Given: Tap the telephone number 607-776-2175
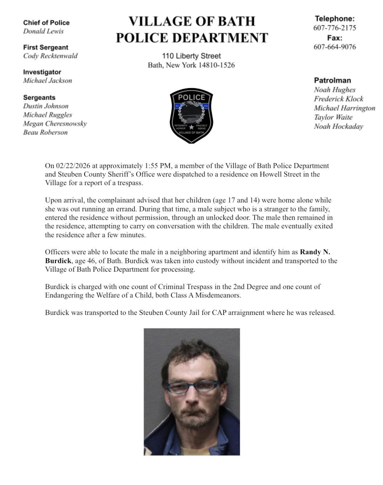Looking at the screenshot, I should [x=334, y=28].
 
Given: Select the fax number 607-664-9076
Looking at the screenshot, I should [x=334, y=47].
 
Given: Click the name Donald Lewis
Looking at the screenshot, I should [x=43, y=31].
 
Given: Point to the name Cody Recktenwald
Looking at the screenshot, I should [x=50, y=56].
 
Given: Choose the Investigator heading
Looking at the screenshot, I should [x=42, y=72].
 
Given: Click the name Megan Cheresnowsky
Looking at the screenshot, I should [x=55, y=124].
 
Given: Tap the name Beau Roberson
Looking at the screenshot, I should [x=45, y=132].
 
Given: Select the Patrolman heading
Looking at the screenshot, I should [x=332, y=80].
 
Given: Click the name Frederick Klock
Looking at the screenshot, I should [x=339, y=99].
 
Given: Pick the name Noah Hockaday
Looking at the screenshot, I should [x=338, y=127].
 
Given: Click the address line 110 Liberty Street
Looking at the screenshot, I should [x=191, y=56].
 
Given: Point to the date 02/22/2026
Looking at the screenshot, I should [x=73, y=166].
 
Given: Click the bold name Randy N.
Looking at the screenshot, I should [x=315, y=252].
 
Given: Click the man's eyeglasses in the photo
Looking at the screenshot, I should [x=192, y=386].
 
